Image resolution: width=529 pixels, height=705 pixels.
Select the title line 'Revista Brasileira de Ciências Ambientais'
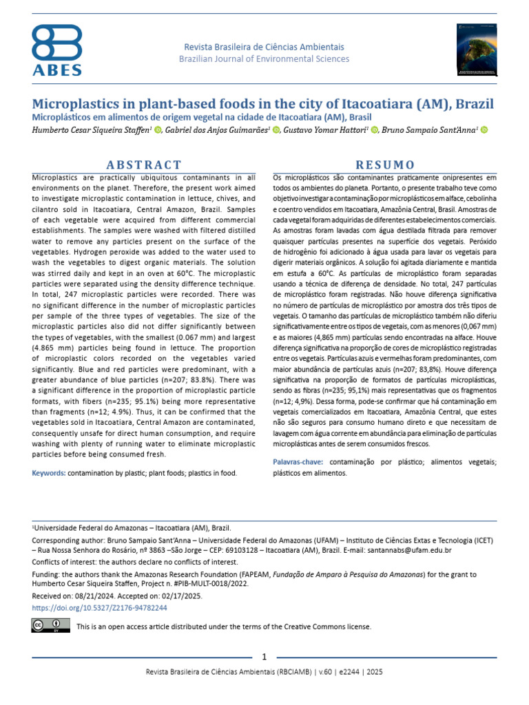point(264,47)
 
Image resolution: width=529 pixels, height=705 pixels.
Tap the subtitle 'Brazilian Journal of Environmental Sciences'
point(264,59)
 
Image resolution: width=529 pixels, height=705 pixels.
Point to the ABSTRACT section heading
point(144,165)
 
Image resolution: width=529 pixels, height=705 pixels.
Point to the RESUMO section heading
point(384,165)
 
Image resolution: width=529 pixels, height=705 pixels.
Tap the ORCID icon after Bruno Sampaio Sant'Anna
point(483,130)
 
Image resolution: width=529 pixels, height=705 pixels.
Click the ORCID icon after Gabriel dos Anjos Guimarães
point(277,130)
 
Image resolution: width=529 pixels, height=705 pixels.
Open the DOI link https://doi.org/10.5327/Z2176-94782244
point(100,609)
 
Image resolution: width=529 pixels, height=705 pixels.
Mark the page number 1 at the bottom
point(264,656)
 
